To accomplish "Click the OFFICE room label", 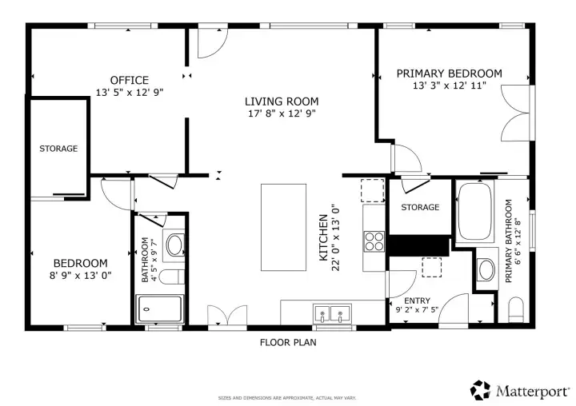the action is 130,80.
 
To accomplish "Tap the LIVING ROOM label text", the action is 282,101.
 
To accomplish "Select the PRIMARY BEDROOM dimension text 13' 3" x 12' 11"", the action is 450,86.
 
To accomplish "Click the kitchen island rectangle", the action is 283,228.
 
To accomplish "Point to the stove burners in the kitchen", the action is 374,241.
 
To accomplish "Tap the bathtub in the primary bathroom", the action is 474,212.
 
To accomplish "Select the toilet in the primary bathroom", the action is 516,309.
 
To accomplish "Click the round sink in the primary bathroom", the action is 486,269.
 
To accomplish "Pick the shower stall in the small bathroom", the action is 159,309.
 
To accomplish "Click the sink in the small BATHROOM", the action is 174,245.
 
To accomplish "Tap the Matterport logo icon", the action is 481,390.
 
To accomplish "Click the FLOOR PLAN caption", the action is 288,343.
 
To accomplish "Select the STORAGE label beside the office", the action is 58,149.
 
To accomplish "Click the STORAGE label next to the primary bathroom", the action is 420,208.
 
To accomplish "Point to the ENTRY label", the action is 417,301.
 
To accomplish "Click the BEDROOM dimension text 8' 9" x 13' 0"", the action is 81,275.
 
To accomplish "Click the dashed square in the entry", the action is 432,267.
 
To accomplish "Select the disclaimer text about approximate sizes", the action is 287,398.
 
